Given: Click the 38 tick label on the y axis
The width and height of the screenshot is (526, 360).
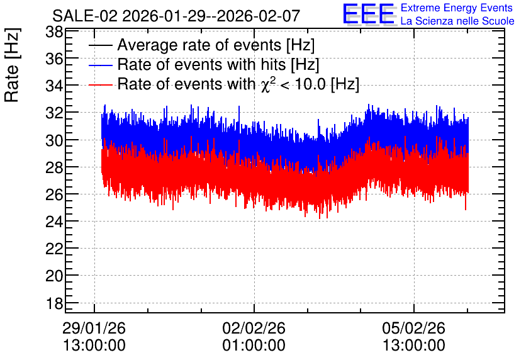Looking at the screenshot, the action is (53, 33).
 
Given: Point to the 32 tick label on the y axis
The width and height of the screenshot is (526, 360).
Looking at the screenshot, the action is (53, 113).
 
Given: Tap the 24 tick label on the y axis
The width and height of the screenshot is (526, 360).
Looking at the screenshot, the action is (53, 222).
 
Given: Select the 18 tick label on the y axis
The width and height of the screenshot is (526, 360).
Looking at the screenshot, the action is (53, 303).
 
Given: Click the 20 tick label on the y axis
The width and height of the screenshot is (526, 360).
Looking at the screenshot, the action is (53, 276).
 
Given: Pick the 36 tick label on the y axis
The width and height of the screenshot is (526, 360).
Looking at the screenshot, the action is (53, 59).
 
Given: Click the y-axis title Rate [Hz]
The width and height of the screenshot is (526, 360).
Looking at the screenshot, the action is (12, 65).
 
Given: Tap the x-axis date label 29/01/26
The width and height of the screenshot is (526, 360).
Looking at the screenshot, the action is (94, 328).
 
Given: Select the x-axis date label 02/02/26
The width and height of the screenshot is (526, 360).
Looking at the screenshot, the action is (254, 328).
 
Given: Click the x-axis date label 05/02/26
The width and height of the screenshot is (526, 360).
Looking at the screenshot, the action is (413, 328).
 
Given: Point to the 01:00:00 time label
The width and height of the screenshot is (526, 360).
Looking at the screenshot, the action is (254, 346).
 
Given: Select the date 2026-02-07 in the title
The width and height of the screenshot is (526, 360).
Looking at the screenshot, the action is (259, 16).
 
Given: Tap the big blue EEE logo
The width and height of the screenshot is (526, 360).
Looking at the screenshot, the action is (369, 14).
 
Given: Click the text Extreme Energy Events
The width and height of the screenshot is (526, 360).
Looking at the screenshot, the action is (457, 8).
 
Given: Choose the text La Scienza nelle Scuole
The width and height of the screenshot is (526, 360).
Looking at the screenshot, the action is (457, 21).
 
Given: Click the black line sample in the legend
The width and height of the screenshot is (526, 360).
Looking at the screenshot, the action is (100, 45).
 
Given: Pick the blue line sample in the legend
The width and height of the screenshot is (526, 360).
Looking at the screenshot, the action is (100, 65).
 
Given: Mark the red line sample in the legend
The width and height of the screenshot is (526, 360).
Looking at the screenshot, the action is (100, 85).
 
